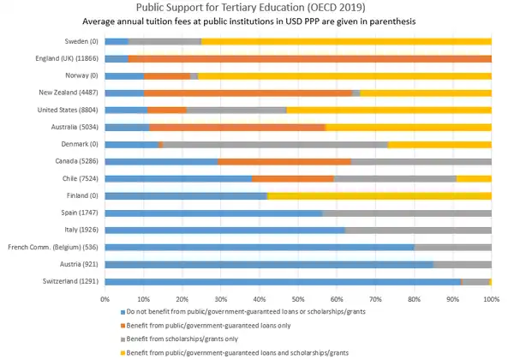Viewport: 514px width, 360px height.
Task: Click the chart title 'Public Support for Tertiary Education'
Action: pos(256,8)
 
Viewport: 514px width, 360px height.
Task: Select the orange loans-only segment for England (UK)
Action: pos(309,58)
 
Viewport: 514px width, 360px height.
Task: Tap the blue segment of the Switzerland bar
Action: pos(283,281)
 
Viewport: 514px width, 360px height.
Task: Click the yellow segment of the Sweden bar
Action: pos(346,41)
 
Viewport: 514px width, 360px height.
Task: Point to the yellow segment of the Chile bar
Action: pos(474,178)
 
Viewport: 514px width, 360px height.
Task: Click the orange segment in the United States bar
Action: pos(166,110)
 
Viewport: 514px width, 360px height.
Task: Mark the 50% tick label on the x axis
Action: pos(298,298)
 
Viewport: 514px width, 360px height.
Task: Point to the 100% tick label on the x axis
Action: pos(491,298)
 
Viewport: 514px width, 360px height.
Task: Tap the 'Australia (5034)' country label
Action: pos(75,127)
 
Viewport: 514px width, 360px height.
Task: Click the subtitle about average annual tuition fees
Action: pos(256,21)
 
